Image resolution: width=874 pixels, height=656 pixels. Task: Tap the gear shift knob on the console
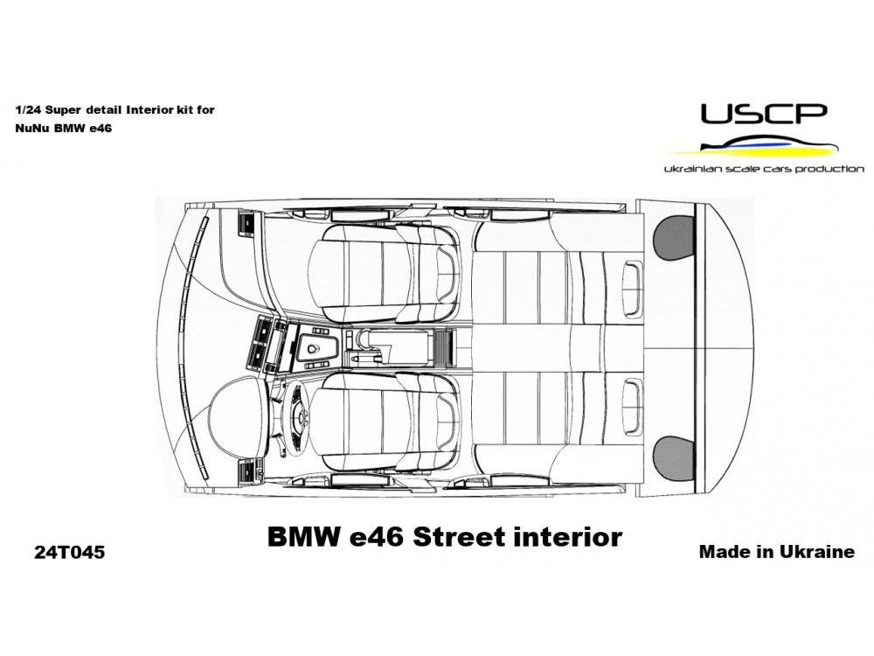point(312,349)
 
